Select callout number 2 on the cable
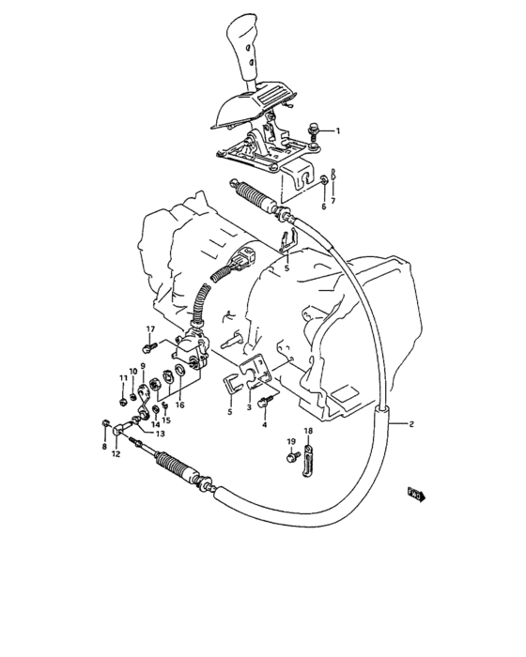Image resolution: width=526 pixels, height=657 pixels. [x=410, y=425]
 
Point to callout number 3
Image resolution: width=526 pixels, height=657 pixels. [x=249, y=406]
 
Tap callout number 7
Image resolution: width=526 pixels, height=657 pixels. [x=104, y=448]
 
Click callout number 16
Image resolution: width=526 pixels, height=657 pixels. [x=179, y=405]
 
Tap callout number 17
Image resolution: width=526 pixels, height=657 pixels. [x=148, y=328]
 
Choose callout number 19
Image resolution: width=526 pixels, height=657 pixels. [x=291, y=441]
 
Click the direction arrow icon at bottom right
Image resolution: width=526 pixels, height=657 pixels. [x=416, y=492]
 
